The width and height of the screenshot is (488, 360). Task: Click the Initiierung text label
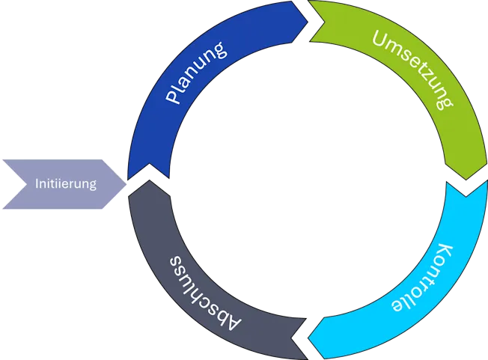66,183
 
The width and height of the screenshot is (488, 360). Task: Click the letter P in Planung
173,97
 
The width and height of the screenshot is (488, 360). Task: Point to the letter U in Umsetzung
380,37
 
